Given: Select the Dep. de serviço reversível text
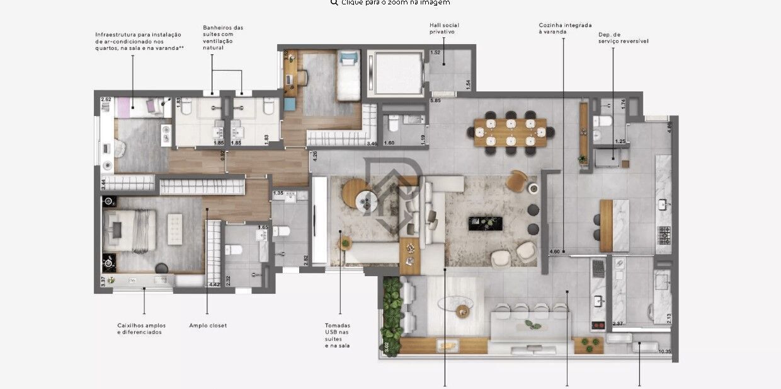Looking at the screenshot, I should tap(623, 38).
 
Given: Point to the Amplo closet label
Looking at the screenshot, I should tap(208, 325).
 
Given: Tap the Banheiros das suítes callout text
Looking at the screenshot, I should tap(223, 37).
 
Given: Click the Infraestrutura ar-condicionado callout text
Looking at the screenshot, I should tap(139, 41).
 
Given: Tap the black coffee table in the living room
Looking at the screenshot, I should tap(485, 223).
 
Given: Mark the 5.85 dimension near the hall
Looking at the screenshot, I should tap(435, 100).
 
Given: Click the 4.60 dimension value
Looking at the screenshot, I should tap(554, 252).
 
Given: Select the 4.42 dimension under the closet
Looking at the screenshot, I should tap(214, 284).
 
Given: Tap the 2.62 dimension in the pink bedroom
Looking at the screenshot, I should tap(106, 100).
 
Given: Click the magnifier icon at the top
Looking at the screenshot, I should tap(334, 3).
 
